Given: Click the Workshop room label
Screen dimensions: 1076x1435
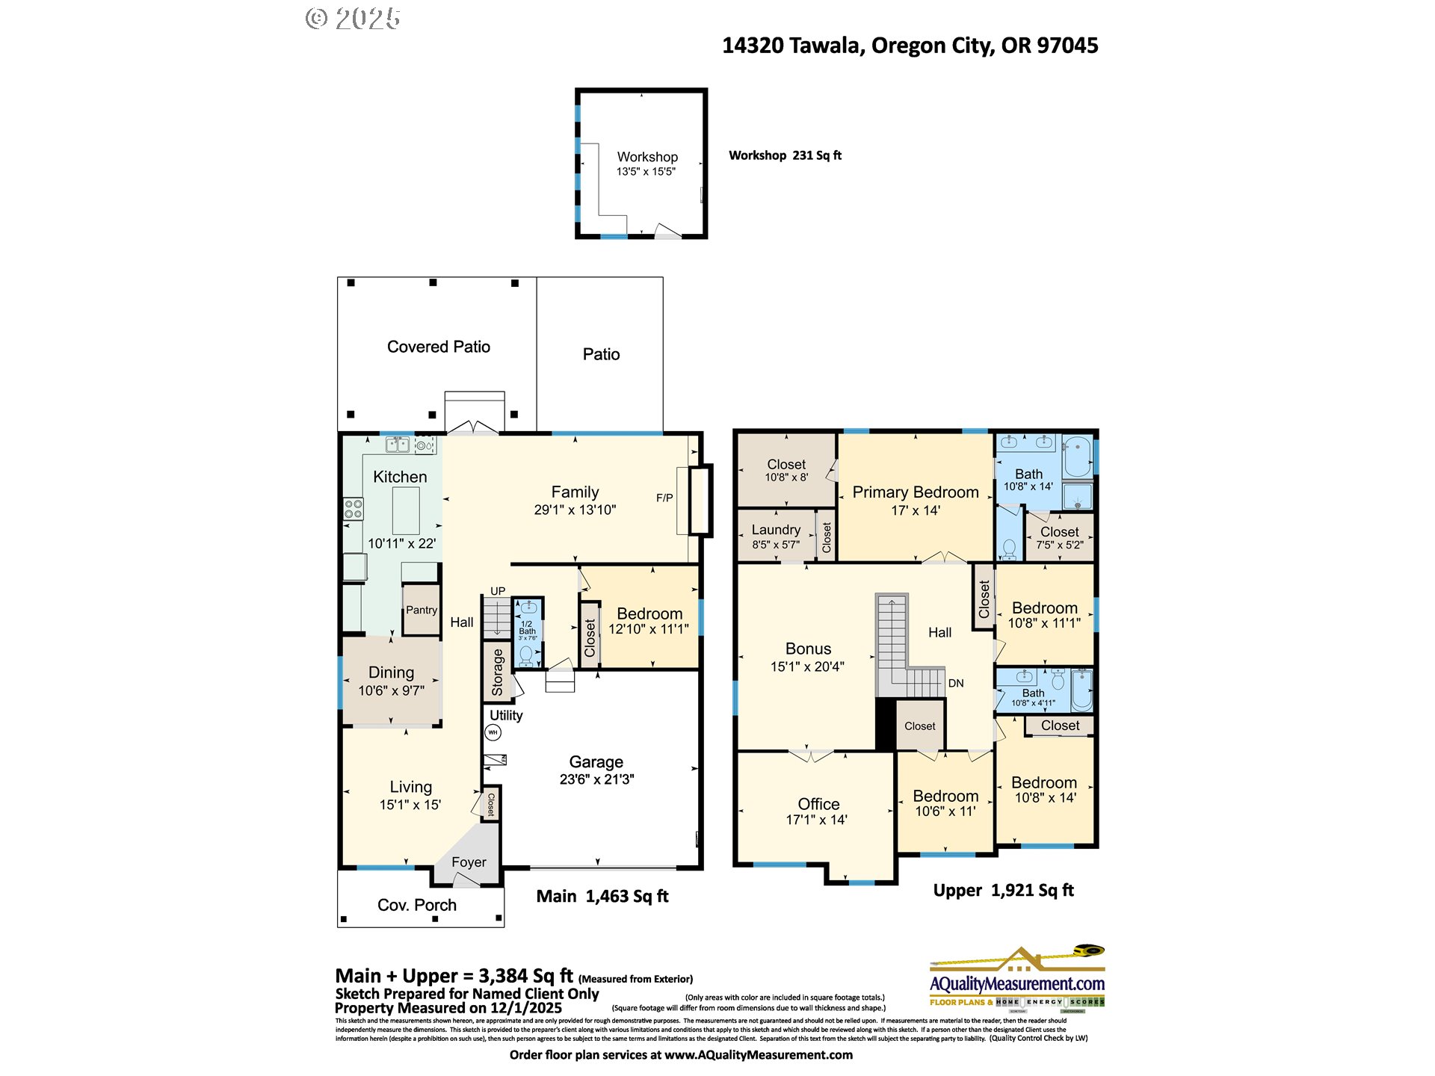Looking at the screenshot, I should coord(647,157).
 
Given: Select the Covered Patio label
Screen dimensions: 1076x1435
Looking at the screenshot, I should coord(439,347).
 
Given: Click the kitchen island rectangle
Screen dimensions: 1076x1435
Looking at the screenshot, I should coord(405,510).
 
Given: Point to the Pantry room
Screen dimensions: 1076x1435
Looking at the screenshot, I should coord(422,610).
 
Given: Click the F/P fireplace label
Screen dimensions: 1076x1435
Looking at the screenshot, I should coord(664,498).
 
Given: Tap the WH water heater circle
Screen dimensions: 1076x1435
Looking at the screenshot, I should coord(493,732).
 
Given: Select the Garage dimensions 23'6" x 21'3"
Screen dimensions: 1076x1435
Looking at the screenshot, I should coord(596,779).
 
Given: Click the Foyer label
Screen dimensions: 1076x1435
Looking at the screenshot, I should coord(469,862).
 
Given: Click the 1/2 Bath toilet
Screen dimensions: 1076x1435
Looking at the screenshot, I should coord(527,655).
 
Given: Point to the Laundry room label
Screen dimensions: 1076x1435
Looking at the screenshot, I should coord(776,530).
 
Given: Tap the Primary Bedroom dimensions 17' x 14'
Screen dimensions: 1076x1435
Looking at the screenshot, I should coord(916,510).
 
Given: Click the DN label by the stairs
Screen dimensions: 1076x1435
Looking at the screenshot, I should coord(956,683).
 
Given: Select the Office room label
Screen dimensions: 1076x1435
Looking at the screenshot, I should coord(818,804).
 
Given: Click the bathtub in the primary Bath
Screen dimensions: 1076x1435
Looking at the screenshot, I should coord(1078,457).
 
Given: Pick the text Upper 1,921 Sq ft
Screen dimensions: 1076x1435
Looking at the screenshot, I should coord(1003,891).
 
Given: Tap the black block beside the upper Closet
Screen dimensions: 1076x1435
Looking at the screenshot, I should coord(886,724).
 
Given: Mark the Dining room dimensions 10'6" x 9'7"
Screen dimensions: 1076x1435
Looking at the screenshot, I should coord(391,691).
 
